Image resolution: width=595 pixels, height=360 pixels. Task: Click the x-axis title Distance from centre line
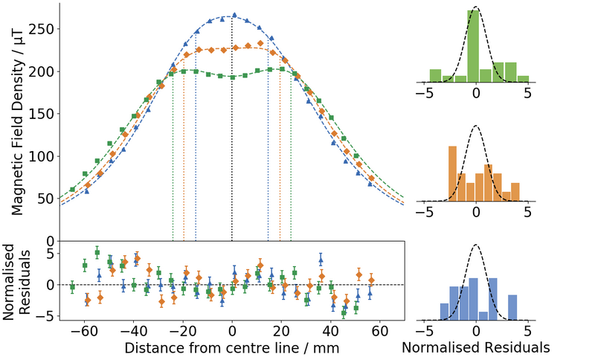[x=232, y=347]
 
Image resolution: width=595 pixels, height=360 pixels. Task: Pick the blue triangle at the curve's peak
[x=234, y=15]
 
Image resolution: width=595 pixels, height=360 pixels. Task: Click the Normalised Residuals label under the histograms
[x=475, y=347]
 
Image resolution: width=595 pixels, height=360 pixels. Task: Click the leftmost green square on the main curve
[x=72, y=190]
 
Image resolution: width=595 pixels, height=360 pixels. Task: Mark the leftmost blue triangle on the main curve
[x=87, y=191]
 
